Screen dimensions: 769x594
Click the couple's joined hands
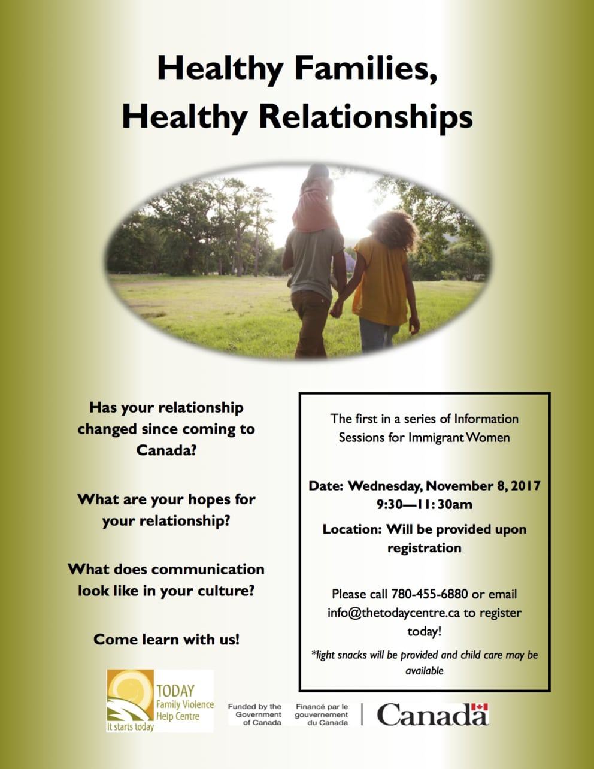tap(337, 310)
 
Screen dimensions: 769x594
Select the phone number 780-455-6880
tap(429, 594)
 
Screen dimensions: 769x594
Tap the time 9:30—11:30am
tap(424, 504)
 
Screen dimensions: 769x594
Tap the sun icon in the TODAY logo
tap(127, 688)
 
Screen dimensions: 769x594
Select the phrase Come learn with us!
tap(166, 639)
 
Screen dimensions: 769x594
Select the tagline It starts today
tap(130, 727)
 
